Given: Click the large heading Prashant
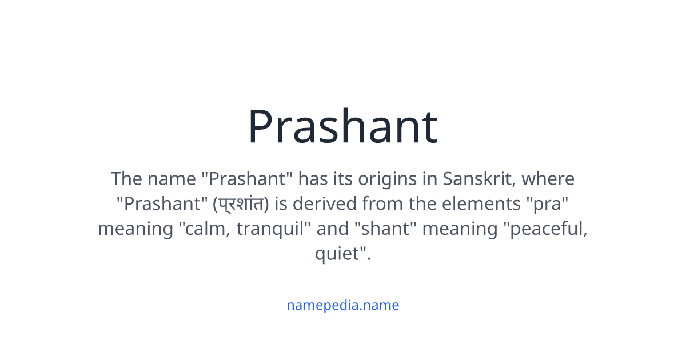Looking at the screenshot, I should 342,127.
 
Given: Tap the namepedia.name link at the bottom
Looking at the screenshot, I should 342,305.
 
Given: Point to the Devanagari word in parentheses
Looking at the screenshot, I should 244,204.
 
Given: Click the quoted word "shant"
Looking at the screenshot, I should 386,229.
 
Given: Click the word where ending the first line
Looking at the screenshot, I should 548,179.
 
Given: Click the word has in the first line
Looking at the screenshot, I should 313,179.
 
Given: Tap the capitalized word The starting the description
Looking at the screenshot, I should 126,179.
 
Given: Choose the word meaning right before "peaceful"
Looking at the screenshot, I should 459,229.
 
